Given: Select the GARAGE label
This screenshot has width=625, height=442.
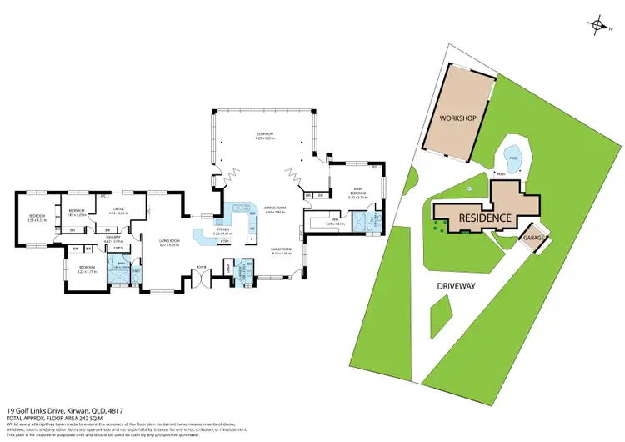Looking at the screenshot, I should [534, 238].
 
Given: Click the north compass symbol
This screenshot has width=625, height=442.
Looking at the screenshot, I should [597, 25].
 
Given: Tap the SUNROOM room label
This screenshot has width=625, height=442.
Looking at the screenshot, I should [266, 135].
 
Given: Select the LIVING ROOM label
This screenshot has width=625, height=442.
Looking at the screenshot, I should [169, 243].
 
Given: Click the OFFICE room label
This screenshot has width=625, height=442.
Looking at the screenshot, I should [118, 210].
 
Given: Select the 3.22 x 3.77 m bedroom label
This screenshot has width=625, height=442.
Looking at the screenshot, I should [87, 270].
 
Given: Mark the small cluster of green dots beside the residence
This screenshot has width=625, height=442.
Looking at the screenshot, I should [436, 223].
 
